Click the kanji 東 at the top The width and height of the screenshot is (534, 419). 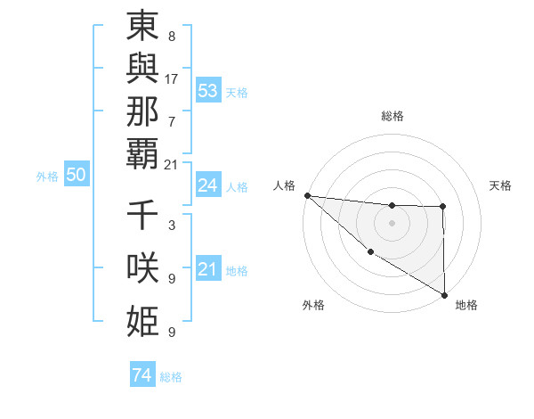coord(143,28)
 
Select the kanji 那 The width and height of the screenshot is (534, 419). coord(143,114)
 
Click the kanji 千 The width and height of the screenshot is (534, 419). coord(143,217)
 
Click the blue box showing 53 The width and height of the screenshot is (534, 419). coord(208,91)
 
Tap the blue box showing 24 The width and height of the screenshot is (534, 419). coord(208,185)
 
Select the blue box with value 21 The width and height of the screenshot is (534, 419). coord(208,269)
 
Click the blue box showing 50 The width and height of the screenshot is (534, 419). coord(77,175)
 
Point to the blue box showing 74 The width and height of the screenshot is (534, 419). coord(142,375)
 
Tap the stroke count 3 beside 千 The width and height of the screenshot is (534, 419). coord(172,226)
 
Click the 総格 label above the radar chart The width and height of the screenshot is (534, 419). coord(392,116)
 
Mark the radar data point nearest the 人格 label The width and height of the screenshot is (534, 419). coord(307,195)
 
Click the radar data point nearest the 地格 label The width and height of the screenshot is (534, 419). coord(443,294)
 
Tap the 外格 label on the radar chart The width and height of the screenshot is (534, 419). coord(313,305)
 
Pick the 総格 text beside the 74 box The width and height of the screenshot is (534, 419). coord(171,377)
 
